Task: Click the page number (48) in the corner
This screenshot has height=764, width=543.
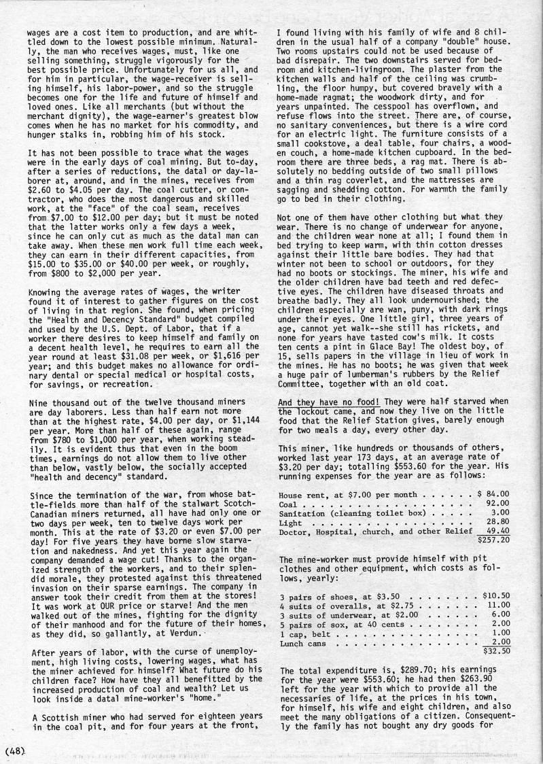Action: pyautogui.click(x=15, y=751)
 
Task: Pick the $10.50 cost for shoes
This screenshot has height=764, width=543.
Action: pyautogui.click(x=495, y=595)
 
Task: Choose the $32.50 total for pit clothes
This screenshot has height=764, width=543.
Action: pyautogui.click(x=495, y=650)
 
